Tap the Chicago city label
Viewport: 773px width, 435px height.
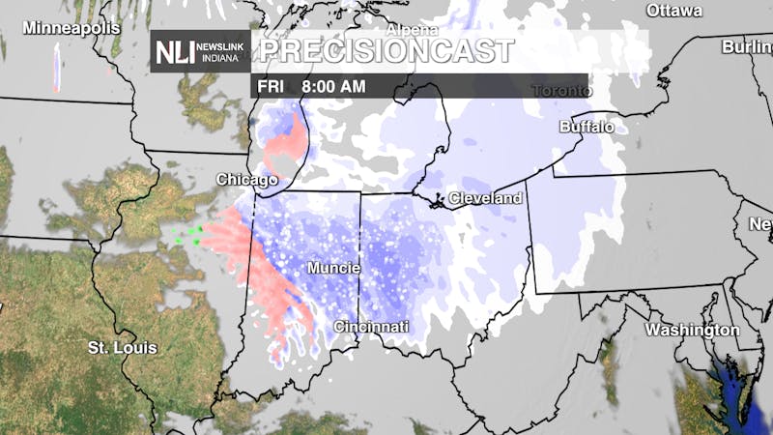247,180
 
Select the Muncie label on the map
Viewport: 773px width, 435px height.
334,267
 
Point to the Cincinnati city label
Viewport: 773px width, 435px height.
372,327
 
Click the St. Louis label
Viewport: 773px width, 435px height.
123,347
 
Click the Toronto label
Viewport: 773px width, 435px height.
561,91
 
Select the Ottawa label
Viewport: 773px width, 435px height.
673,12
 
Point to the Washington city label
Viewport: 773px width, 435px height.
693,331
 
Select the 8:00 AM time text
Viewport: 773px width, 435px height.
333,86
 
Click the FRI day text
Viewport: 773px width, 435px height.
272,86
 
